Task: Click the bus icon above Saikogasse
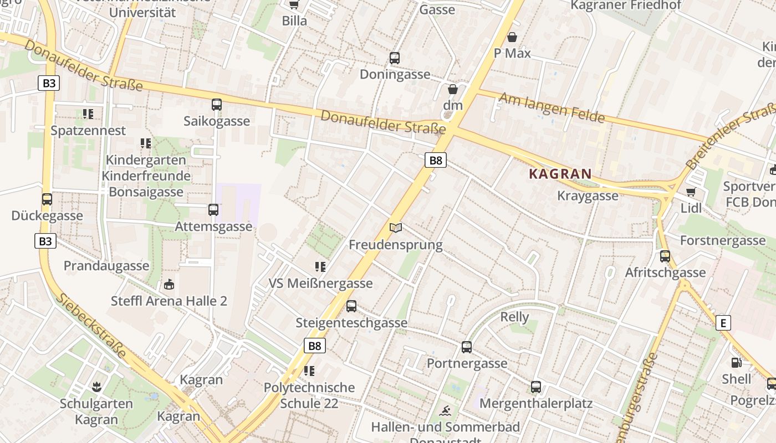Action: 216,104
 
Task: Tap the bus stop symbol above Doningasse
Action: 395,58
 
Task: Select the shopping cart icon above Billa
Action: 294,4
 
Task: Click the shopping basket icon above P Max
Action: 512,37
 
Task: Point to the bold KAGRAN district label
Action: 560,174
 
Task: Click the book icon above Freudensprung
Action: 396,228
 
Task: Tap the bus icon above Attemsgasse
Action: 213,209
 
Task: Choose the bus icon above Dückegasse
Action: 47,199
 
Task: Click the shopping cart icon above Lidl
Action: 691,192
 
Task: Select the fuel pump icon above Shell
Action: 736,363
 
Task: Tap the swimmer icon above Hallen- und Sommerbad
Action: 445,411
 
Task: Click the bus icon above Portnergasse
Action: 467,347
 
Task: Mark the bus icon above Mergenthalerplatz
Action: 535,387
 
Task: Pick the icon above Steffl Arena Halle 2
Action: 169,285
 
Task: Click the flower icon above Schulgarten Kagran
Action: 96,387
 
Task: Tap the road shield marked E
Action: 723,323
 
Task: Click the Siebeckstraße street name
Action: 92,326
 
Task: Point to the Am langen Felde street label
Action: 552,108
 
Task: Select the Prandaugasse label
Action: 106,266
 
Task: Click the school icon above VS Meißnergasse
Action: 320,267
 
